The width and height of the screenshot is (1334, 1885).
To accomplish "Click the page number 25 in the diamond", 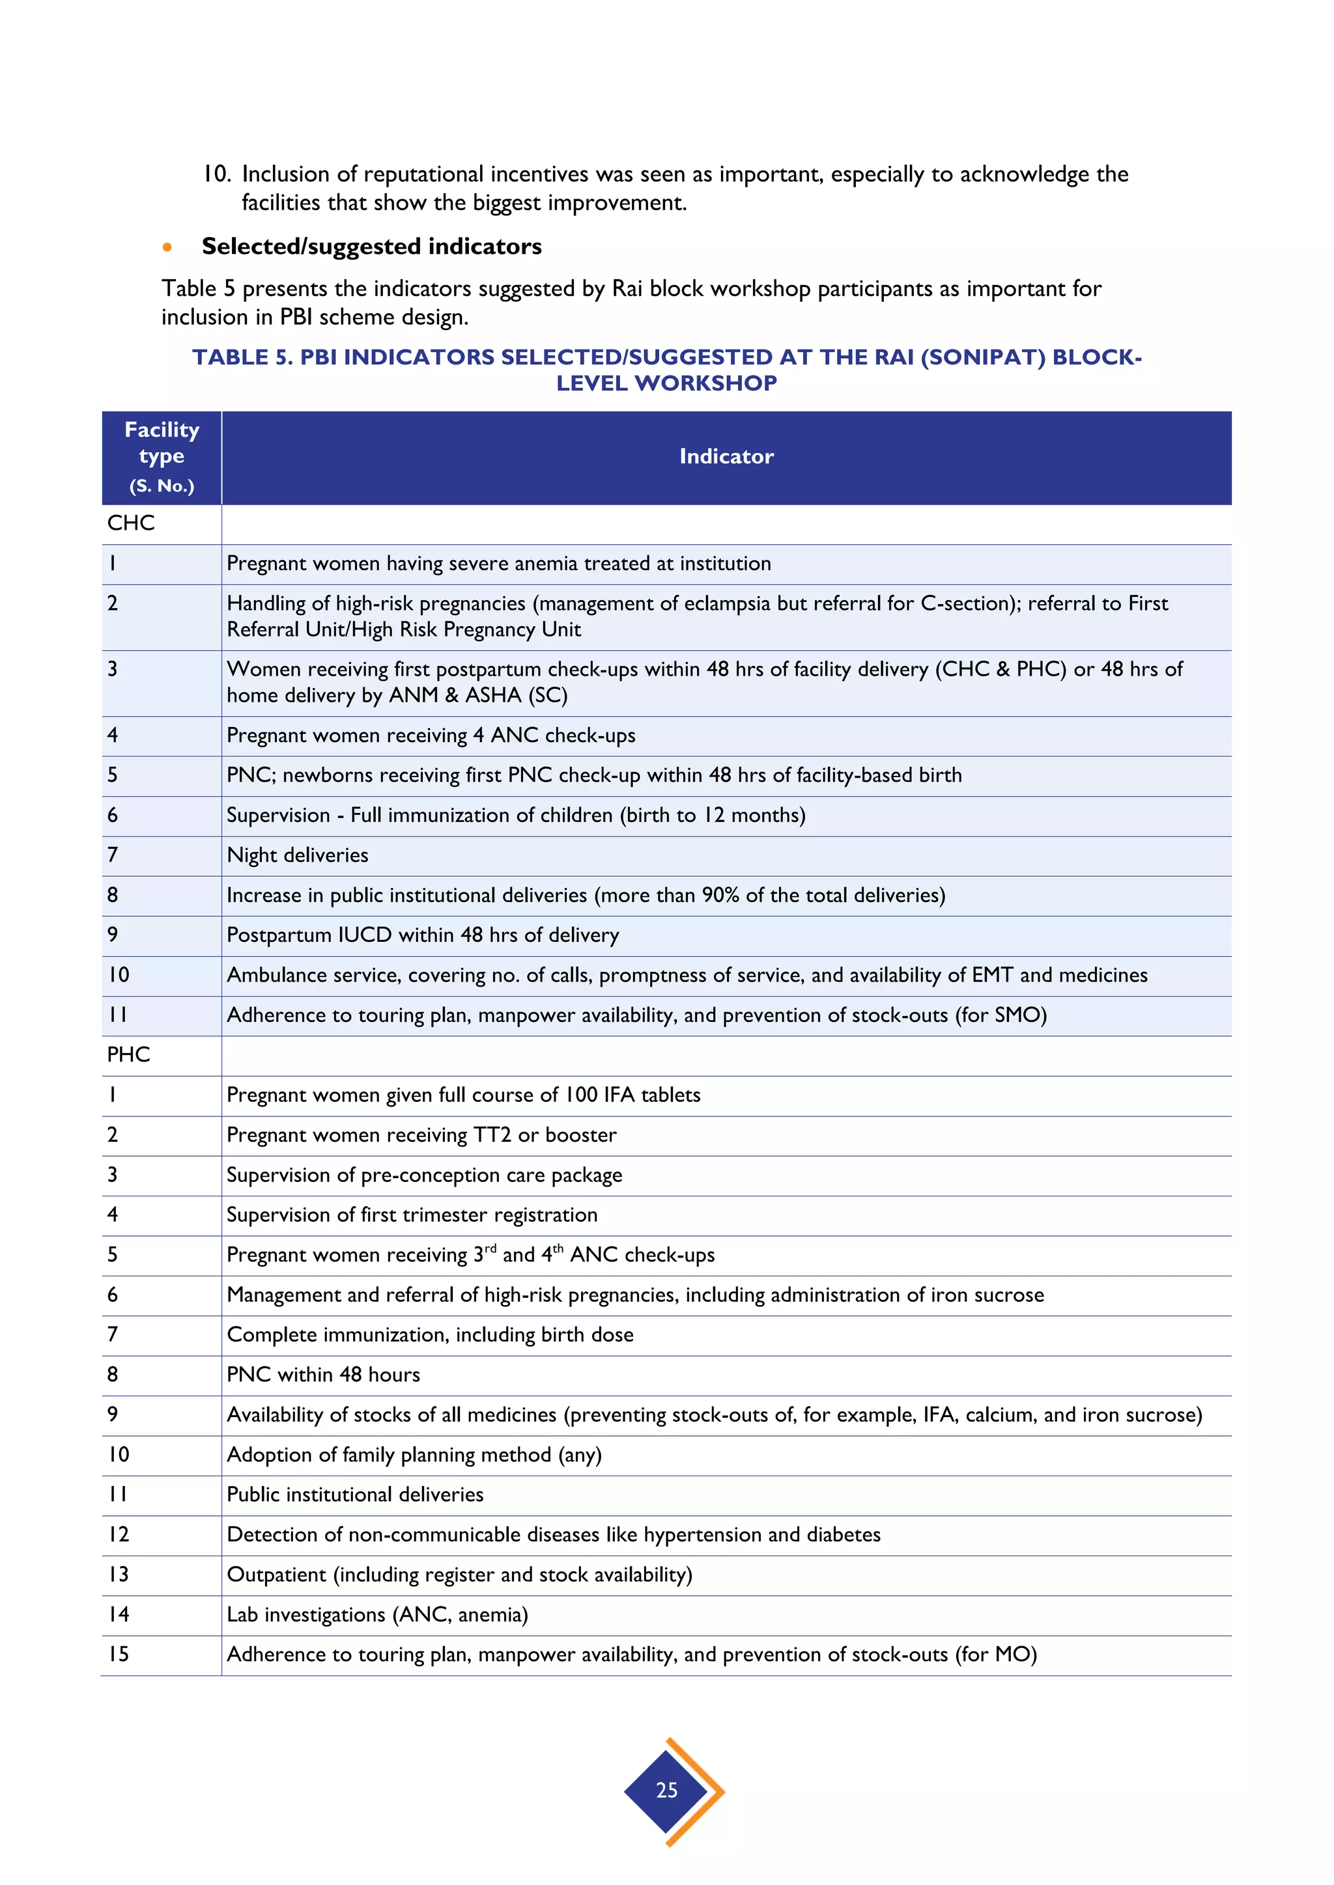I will point(666,1790).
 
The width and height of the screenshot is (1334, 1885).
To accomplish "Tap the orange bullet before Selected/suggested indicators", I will point(167,247).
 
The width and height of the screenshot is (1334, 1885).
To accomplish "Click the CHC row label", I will point(131,523).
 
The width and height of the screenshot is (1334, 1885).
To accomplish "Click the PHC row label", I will point(129,1055).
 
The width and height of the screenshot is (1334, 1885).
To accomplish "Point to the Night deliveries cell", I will point(298,855).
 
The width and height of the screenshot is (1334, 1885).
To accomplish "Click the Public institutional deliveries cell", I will point(355,1495).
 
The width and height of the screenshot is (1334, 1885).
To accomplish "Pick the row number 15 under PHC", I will point(119,1655).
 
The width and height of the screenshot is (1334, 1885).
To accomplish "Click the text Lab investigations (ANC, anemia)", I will point(377,1615).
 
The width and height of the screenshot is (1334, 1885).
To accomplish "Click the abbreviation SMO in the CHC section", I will point(1015,1015).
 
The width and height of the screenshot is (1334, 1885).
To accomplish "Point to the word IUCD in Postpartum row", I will point(368,935).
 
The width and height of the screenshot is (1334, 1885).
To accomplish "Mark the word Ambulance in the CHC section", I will point(276,975).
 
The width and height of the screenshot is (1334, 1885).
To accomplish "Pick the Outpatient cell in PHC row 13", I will point(276,1575).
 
